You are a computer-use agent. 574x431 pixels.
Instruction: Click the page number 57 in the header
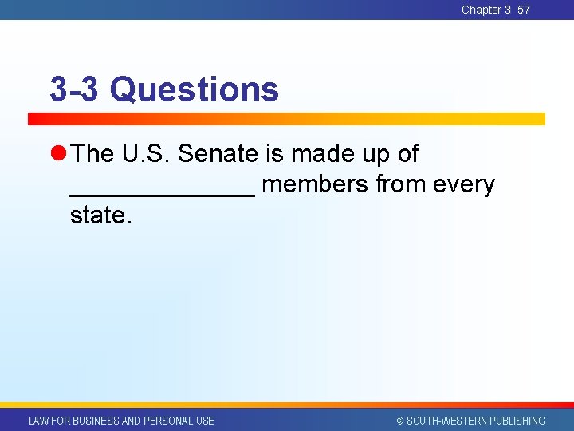click(524, 10)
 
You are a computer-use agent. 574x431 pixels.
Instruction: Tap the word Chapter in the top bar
click(481, 10)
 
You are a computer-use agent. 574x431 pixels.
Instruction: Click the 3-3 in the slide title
click(73, 89)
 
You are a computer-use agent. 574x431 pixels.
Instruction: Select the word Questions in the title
click(195, 89)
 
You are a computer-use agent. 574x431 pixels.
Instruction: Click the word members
click(315, 184)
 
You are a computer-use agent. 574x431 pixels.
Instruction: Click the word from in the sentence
click(401, 184)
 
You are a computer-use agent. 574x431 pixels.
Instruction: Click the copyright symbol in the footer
click(400, 421)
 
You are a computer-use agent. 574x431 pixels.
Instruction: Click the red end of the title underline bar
click(36, 119)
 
